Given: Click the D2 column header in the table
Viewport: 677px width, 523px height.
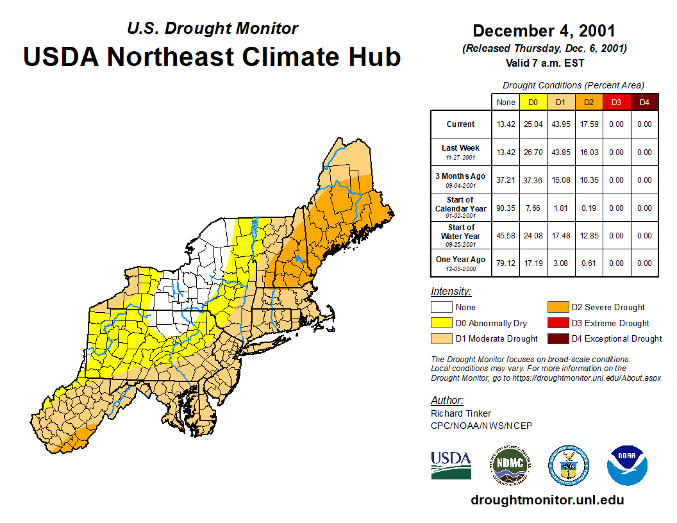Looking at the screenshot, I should click(589, 102).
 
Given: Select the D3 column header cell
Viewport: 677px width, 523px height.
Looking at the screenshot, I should click(616, 102).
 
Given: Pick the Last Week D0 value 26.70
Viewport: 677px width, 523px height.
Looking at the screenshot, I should click(533, 153).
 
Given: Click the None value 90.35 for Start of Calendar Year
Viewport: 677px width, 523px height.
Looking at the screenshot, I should click(506, 208).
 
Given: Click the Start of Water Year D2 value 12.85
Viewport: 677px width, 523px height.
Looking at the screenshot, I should click(589, 236).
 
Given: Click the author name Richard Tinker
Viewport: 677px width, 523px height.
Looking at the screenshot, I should click(461, 413).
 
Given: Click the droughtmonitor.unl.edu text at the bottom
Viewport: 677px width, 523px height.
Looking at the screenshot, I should click(547, 500).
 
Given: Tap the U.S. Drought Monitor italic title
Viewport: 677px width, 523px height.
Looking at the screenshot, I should click(212, 29).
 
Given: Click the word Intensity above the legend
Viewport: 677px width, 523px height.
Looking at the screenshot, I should click(451, 292).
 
